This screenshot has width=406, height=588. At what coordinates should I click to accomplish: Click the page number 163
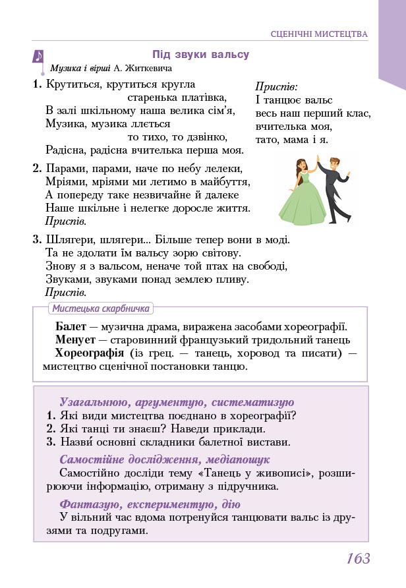(358, 558)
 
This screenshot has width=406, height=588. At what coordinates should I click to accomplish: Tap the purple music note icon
(38, 57)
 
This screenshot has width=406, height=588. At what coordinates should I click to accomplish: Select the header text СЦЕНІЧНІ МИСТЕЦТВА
(319, 34)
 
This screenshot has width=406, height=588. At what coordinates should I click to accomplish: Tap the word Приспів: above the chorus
(276, 86)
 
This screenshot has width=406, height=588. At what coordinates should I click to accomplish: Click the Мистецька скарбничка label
(100, 309)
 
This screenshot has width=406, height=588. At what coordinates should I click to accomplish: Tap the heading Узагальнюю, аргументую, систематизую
(177, 402)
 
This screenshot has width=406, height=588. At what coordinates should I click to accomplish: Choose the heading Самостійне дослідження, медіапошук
(164, 459)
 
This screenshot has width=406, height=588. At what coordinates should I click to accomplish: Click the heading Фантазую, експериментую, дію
(150, 504)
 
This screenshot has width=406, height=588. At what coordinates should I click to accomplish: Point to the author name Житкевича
(148, 68)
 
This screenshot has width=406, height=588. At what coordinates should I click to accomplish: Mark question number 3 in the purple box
(51, 442)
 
